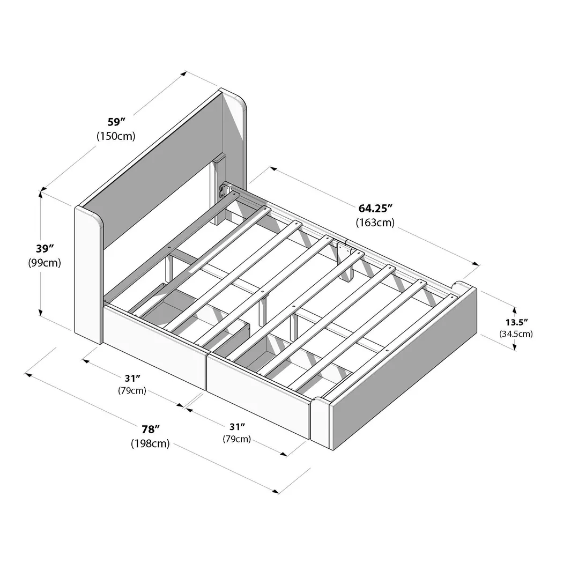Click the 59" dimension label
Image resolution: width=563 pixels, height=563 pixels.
point(115,122)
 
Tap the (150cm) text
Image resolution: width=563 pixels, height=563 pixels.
point(115,136)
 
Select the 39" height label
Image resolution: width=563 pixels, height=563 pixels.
point(45,249)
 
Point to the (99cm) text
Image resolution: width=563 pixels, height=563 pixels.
point(45,263)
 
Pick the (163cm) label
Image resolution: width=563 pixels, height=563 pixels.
point(375,222)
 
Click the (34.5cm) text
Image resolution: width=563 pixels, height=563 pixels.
point(516,334)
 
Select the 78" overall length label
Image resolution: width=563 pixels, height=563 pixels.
point(151,429)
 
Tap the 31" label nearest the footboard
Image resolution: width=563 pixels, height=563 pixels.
point(236,426)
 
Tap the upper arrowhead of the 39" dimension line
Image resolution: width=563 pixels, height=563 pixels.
point(41,192)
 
